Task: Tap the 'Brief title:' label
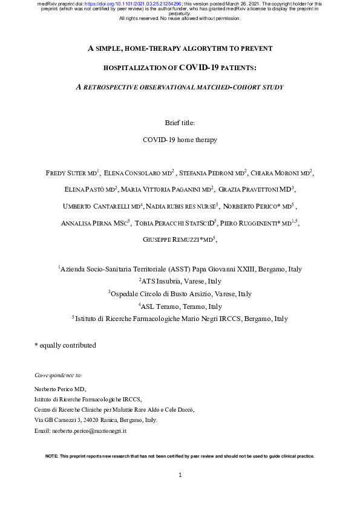coord(180,123)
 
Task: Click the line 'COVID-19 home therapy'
coord(180,140)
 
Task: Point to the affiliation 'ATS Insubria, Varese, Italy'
coord(182,281)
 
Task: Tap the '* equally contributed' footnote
coord(65,345)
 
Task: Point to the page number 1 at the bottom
coord(180,475)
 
